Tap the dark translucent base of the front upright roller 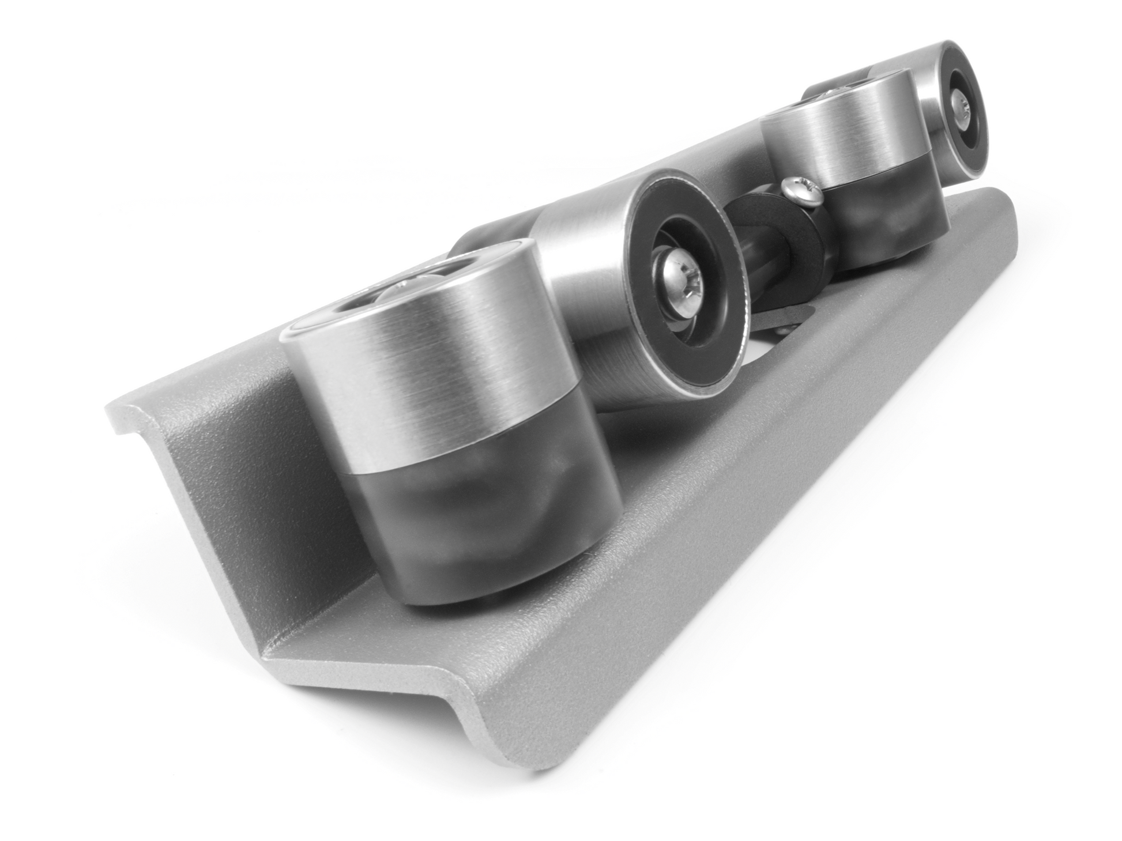coord(484,519)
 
